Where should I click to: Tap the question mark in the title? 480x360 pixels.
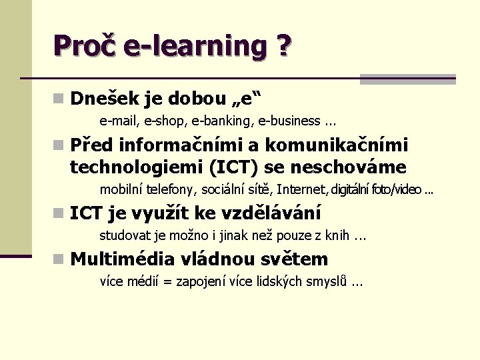[282, 46]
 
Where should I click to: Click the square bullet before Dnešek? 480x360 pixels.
[59, 99]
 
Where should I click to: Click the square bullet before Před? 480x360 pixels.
[59, 145]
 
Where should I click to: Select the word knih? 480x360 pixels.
[338, 235]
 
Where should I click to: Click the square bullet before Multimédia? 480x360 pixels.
[59, 259]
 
